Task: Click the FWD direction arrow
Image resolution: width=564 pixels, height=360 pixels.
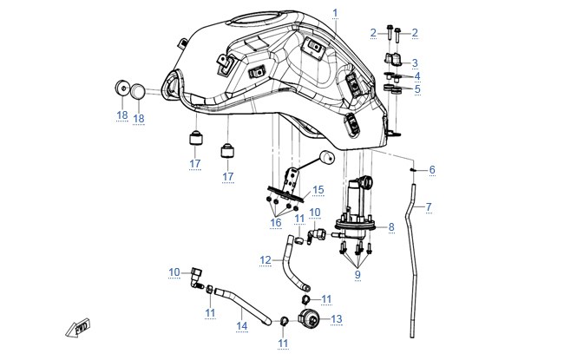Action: coord(78,327)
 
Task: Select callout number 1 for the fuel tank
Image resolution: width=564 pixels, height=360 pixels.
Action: coord(335,13)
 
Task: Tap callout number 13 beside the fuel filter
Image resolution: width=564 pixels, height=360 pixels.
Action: coord(337,319)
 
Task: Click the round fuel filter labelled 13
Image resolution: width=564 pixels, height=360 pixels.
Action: coord(309,318)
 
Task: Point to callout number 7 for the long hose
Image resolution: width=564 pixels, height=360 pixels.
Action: coord(429,207)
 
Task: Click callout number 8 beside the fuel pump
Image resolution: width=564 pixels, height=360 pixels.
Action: coord(391,227)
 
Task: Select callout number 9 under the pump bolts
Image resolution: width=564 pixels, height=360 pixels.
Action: coord(357,275)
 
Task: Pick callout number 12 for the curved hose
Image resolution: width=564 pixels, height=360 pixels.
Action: coord(266,260)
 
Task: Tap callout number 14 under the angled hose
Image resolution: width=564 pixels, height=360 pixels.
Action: coord(242,326)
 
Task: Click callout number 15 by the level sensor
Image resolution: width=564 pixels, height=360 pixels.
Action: coord(318,190)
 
